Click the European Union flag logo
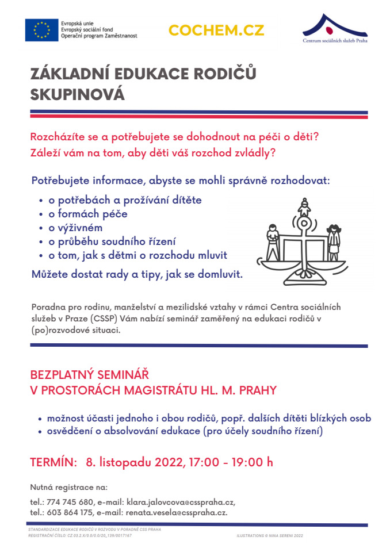coord(41,30)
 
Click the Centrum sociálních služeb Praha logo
coord(335,29)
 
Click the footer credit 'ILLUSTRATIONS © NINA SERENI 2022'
coord(270,535)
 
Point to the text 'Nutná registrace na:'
coord(69,487)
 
